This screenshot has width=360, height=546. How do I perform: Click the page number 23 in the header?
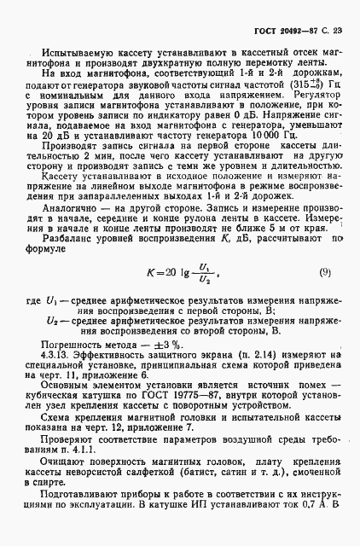pos(338,31)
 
